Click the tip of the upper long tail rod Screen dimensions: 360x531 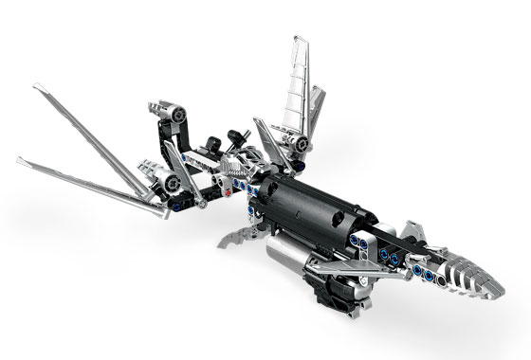tap(37, 88)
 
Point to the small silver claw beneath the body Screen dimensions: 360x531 tap(238, 238)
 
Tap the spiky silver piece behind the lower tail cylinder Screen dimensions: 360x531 tap(148, 171)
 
